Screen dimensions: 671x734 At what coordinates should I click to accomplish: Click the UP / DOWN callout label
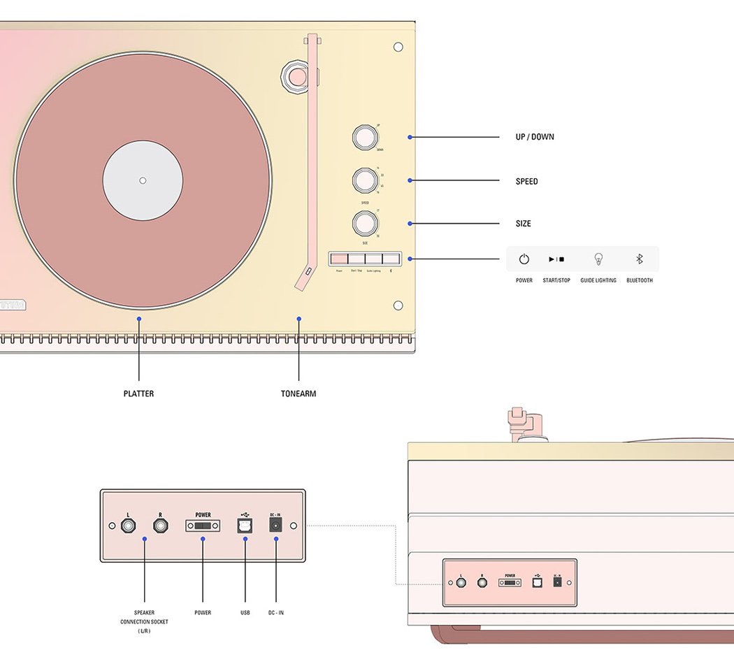(535, 137)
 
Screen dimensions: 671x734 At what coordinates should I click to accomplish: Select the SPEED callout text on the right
(526, 182)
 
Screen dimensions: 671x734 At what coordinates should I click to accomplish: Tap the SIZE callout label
(523, 224)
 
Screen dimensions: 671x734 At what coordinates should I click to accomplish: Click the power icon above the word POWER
(524, 259)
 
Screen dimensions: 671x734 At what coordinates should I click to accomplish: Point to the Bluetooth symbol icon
(639, 259)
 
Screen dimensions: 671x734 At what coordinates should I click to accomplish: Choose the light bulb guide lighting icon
(598, 259)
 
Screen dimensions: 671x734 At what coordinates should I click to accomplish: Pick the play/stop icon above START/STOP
(556, 259)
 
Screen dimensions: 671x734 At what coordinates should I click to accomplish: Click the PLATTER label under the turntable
(138, 394)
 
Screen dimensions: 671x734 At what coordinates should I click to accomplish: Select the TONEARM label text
(298, 394)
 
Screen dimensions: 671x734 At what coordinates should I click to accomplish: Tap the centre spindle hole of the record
(143, 180)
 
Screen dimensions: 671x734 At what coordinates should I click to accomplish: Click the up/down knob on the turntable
(364, 138)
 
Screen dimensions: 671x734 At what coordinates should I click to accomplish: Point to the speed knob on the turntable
(364, 180)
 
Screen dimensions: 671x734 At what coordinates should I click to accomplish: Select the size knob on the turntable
(364, 223)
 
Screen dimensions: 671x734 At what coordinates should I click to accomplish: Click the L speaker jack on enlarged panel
(129, 526)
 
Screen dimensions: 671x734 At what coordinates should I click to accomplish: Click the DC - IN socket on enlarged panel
(275, 526)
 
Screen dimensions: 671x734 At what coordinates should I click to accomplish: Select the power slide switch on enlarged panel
(203, 526)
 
